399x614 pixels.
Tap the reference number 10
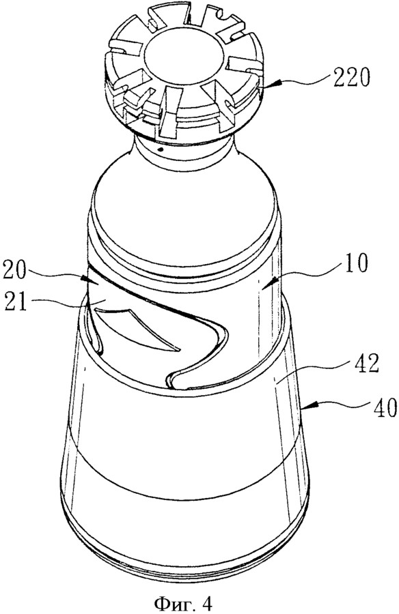tap(355, 263)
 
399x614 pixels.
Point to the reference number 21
tap(15, 302)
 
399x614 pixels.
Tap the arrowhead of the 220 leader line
tap(269, 83)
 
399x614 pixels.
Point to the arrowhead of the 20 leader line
tap(85, 280)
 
